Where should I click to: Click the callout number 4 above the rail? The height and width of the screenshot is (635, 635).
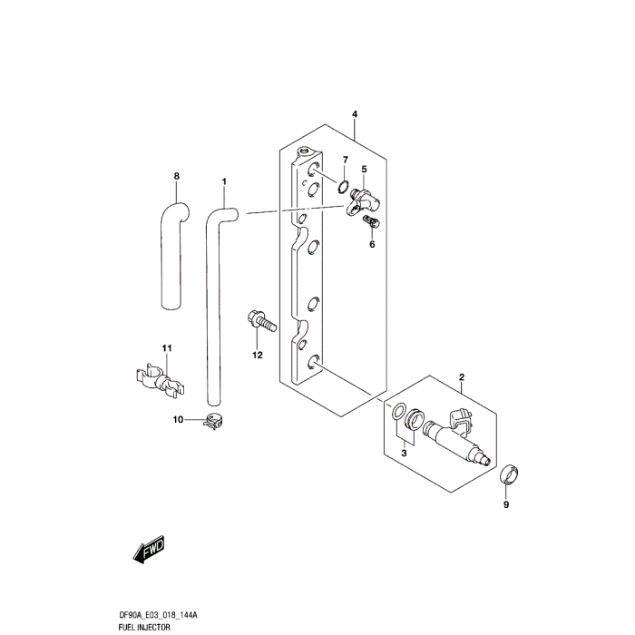click(355, 114)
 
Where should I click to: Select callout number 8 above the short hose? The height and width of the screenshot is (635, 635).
click(177, 175)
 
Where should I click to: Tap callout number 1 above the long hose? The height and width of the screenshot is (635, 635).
click(224, 182)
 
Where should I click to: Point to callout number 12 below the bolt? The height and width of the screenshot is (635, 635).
click(257, 355)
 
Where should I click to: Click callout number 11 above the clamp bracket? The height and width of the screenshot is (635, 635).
click(166, 349)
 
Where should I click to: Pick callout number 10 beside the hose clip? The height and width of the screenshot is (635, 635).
click(178, 419)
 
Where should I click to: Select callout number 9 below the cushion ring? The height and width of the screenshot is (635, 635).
click(507, 504)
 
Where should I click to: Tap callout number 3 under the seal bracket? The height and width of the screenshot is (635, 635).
click(405, 451)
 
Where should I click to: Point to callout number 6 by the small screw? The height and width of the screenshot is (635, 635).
click(371, 243)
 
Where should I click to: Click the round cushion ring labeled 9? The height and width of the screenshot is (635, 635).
click(511, 473)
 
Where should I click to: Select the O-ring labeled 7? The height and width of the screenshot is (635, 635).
click(343, 188)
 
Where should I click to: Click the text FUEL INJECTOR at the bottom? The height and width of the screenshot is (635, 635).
click(143, 627)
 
